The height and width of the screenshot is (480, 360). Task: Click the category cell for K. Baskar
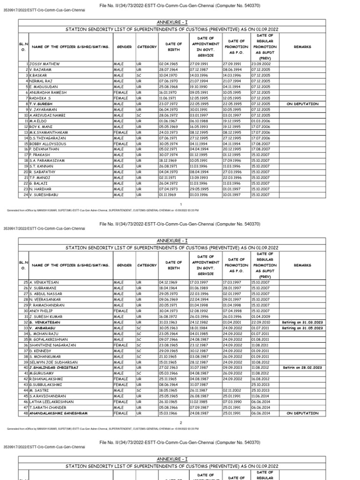click(x=139, y=75)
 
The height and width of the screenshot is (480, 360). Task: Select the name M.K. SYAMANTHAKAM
click(x=48, y=133)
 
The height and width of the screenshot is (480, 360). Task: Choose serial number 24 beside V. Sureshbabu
click(x=26, y=195)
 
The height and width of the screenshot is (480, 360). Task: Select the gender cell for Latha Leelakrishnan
click(x=120, y=402)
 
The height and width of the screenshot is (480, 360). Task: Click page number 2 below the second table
click(x=180, y=423)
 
